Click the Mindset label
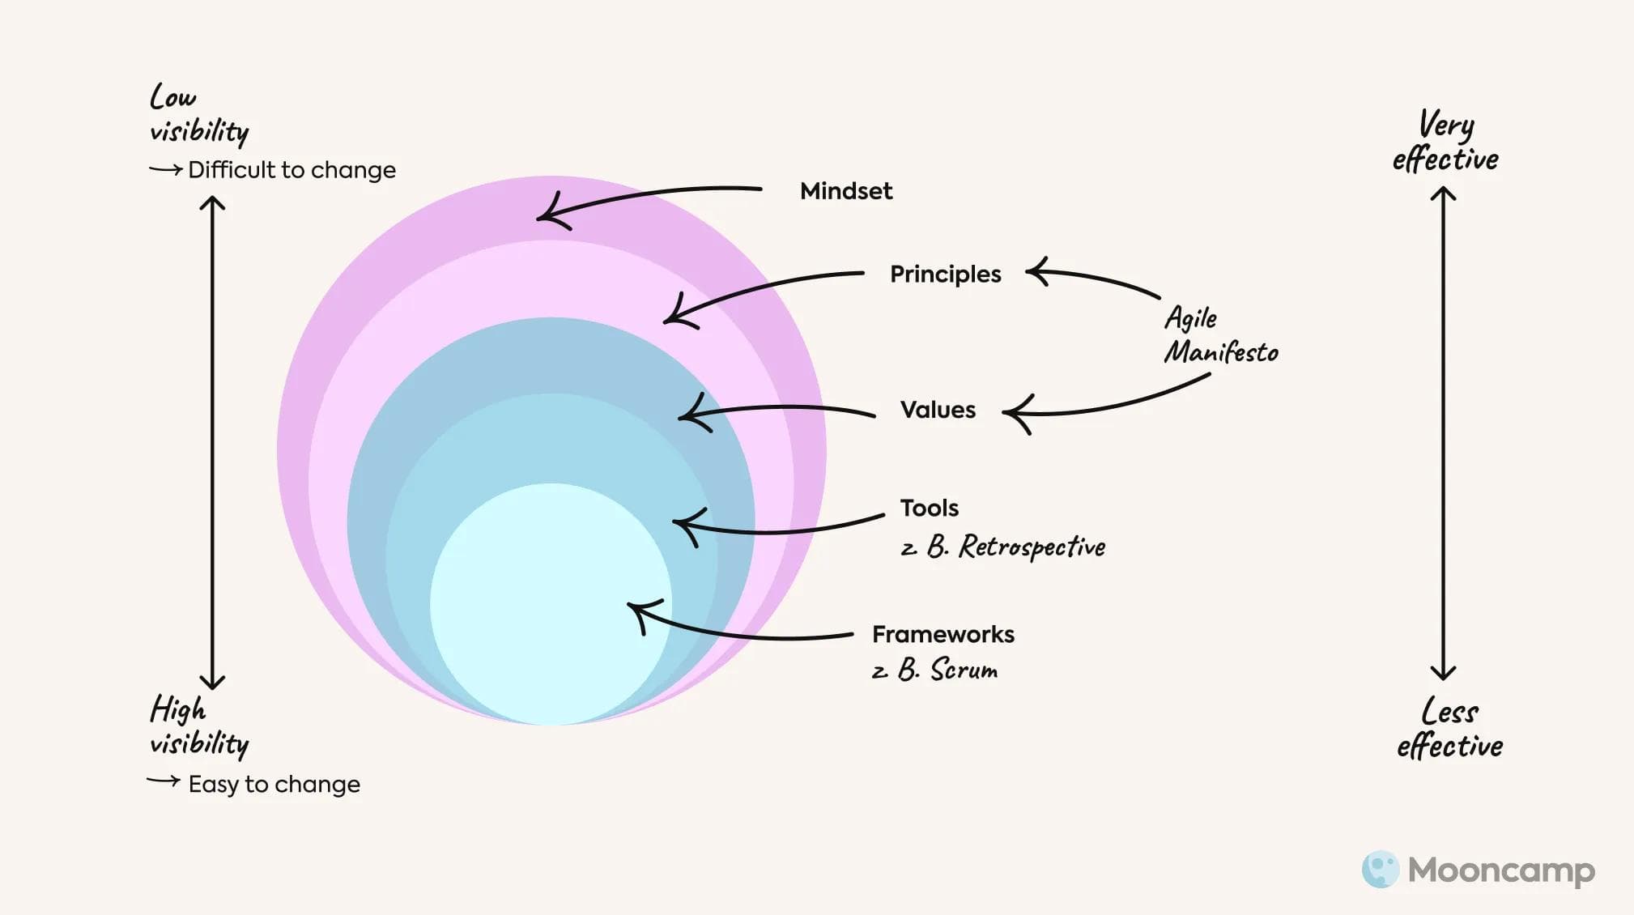coord(845,191)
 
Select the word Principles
coord(945,274)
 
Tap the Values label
coord(938,410)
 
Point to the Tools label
coord(929,509)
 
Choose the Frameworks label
coord(943,634)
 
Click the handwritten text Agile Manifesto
coord(1220,335)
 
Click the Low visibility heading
coord(198,114)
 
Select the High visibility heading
coord(198,726)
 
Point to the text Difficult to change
coord(291,170)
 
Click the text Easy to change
coord(274,785)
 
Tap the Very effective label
coord(1445,143)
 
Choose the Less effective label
coord(1449,729)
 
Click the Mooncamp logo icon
coord(1380,870)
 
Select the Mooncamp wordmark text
coord(1501,870)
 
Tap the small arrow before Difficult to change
coord(165,170)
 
